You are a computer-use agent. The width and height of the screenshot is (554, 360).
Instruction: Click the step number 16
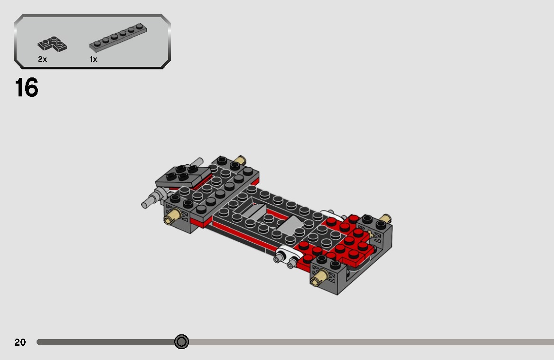(26, 88)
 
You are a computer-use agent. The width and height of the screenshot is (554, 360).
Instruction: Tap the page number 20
(20, 342)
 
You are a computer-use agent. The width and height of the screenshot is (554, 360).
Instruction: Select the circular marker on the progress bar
(181, 342)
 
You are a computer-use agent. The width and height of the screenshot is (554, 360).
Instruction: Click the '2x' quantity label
(42, 59)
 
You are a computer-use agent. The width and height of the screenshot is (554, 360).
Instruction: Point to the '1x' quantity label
(93, 59)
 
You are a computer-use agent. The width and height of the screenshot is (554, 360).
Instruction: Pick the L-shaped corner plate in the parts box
(52, 45)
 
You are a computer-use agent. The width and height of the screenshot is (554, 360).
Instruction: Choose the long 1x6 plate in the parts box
(118, 38)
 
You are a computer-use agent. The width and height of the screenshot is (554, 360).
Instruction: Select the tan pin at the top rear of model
(241, 160)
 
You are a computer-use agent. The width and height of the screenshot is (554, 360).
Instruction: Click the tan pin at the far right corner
(385, 219)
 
